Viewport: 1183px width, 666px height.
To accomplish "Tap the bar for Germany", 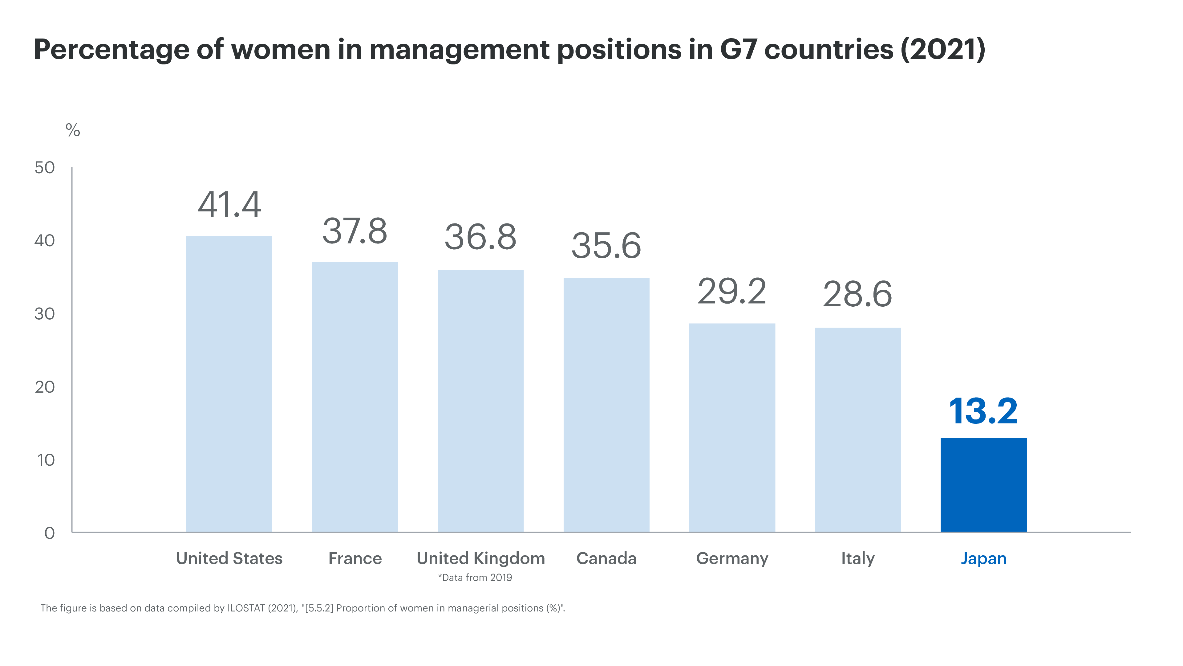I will [732, 427].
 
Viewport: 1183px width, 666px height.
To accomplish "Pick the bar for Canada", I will [606, 404].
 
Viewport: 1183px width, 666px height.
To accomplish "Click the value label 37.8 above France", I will [354, 231].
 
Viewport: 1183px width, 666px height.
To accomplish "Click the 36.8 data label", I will [480, 238].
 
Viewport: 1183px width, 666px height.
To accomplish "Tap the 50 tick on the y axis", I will [45, 168].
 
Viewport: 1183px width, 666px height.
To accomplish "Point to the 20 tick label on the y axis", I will [45, 387].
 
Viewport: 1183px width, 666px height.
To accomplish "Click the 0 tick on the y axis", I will [49, 533].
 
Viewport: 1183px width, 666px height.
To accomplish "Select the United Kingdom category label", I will [480, 558].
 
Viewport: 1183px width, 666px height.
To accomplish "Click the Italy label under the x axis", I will [857, 558].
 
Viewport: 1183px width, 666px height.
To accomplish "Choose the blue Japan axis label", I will [983, 558].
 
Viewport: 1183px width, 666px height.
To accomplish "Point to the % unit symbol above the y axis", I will [73, 131].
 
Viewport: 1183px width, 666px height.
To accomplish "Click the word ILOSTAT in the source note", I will [246, 608].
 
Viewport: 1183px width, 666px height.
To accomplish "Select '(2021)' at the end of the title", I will [942, 50].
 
